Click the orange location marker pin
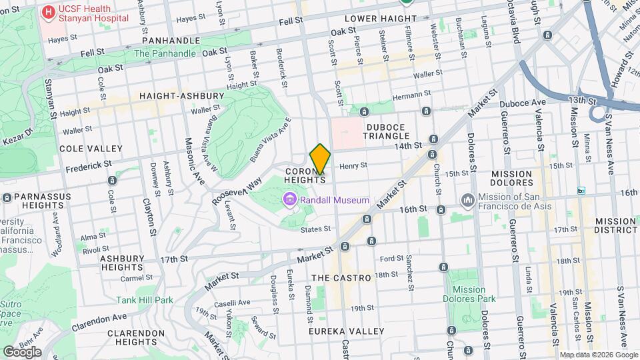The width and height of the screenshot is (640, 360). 320,159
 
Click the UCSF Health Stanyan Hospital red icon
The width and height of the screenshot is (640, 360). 49,12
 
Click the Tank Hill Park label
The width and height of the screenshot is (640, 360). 145,301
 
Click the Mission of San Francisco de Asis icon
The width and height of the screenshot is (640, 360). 467,200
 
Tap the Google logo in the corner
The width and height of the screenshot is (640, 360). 22,351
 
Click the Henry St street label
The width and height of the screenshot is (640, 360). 353,166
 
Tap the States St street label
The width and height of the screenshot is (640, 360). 315,229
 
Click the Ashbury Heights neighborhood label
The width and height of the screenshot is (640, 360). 122,263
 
